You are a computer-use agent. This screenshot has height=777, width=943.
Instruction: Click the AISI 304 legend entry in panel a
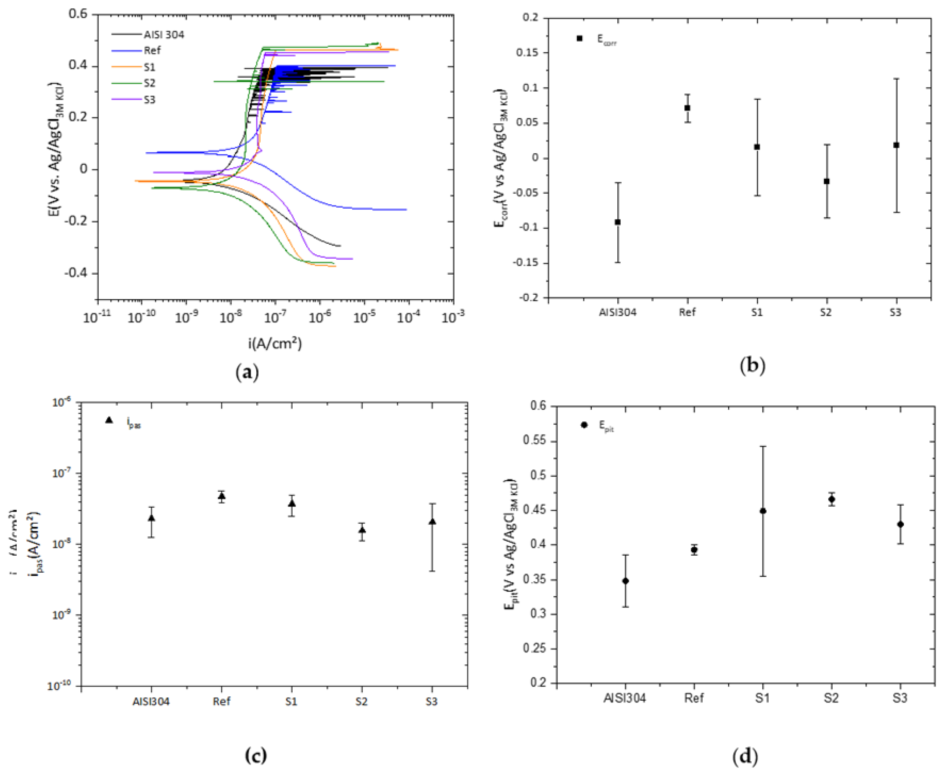click(163, 35)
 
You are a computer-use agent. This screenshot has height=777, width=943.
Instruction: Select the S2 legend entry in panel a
click(150, 83)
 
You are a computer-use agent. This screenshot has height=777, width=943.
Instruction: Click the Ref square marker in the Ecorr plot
click(687, 108)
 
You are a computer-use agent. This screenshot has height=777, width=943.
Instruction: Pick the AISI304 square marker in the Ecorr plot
click(618, 222)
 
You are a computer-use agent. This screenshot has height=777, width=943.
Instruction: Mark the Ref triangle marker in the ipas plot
click(221, 496)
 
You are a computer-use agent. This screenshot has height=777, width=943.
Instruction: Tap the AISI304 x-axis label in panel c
click(151, 702)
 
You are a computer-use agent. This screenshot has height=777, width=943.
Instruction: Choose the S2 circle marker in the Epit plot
click(831, 499)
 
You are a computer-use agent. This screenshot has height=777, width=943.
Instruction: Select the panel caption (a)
click(247, 372)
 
